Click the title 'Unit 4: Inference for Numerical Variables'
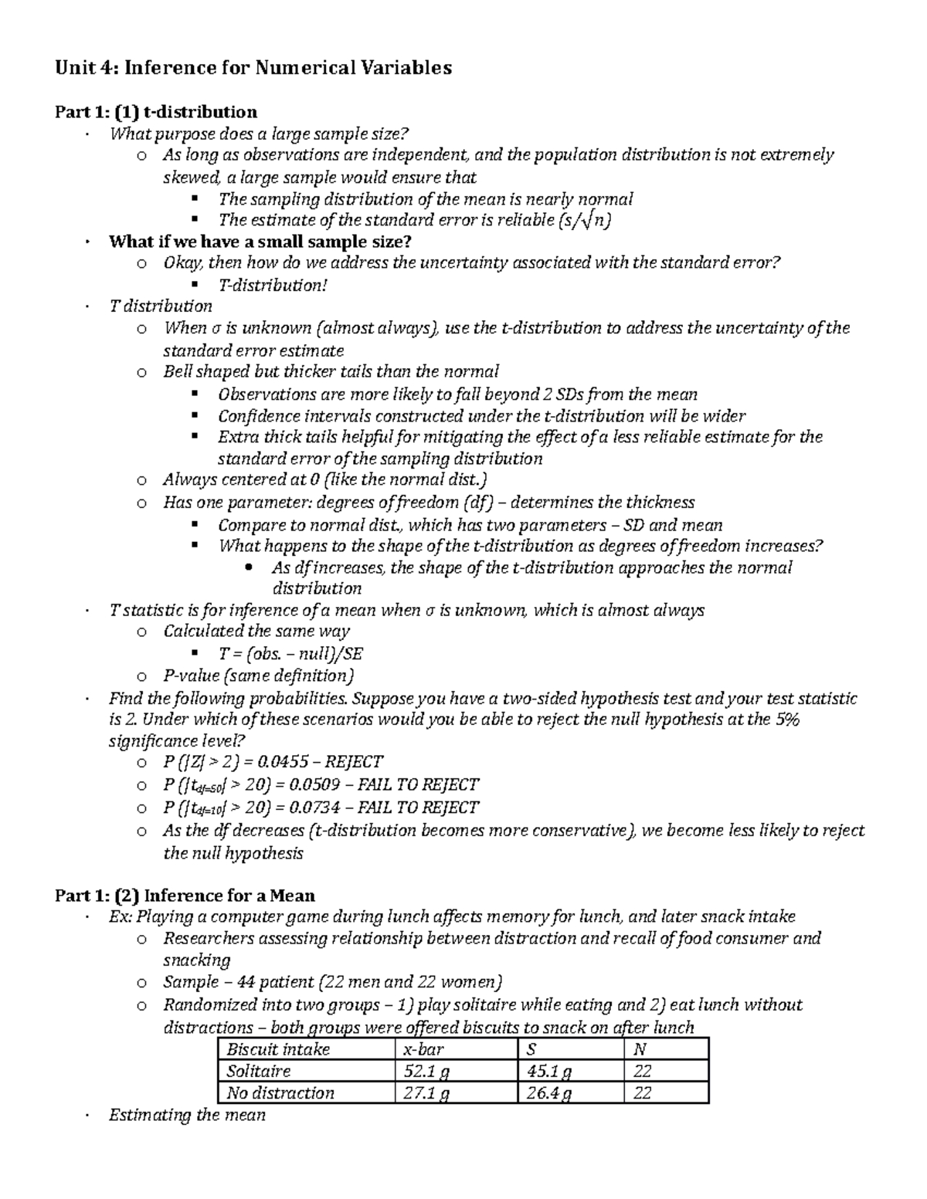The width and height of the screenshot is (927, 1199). click(x=253, y=68)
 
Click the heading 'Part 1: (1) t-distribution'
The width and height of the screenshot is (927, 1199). click(x=155, y=113)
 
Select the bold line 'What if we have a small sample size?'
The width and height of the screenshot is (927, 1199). click(x=260, y=242)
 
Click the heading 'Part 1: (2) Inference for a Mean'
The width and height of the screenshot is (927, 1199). click(x=185, y=896)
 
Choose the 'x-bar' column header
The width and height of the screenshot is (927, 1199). click(x=424, y=1049)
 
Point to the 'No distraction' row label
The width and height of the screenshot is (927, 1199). click(x=280, y=1092)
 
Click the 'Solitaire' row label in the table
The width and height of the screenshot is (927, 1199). click(x=259, y=1071)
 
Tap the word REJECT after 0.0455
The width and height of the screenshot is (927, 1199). click(x=355, y=762)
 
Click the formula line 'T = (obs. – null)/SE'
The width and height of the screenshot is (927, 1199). click(x=290, y=654)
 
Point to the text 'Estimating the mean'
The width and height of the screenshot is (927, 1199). click(x=188, y=1115)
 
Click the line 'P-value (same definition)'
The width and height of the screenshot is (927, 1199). click(x=258, y=676)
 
